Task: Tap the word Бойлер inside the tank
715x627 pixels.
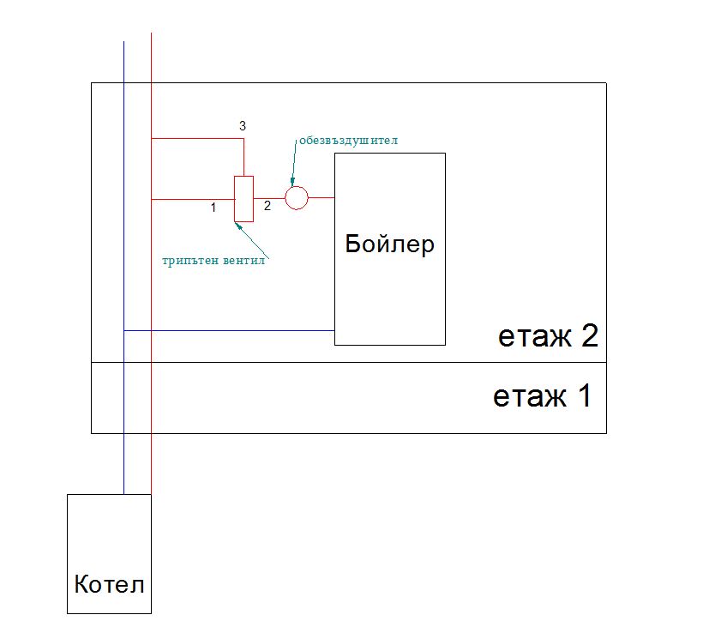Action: click(389, 244)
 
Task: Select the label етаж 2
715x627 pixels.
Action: click(547, 336)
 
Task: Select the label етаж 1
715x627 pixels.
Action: click(542, 396)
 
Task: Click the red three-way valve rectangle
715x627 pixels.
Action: click(244, 198)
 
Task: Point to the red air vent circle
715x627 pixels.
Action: click(296, 198)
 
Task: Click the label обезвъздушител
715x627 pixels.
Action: click(349, 139)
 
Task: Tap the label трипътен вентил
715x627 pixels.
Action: click(213, 261)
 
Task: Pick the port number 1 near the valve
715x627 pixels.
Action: click(213, 207)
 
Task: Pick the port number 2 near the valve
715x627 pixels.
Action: click(267, 206)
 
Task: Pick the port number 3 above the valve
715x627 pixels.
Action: click(243, 126)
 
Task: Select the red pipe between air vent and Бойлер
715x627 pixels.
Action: click(321, 198)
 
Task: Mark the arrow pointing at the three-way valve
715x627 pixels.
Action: click(251, 238)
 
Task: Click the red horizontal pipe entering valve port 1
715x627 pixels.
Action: click(192, 199)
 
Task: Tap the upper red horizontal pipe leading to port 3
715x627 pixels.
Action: click(196, 137)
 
